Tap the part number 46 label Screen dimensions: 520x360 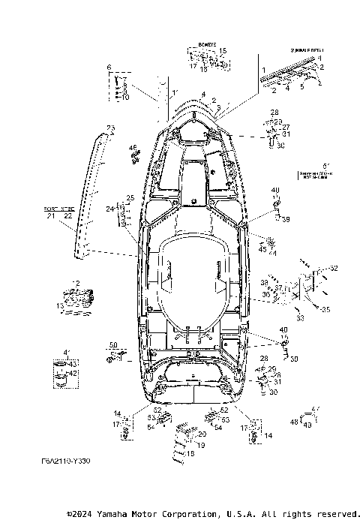pyautogui.click(x=133, y=147)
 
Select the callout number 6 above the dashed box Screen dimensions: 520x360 pyautogui.click(x=110, y=68)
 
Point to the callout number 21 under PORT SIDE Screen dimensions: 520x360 pyautogui.click(x=51, y=216)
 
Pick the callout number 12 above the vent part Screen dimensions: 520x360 pyautogui.click(x=76, y=284)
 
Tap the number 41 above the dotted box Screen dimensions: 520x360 pyautogui.click(x=66, y=351)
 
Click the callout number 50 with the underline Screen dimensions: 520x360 pyautogui.click(x=115, y=344)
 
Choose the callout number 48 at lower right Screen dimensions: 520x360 pyautogui.click(x=293, y=422)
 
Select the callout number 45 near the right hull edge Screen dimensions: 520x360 pyautogui.click(x=262, y=250)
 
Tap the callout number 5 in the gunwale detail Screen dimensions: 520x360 pyautogui.click(x=302, y=86)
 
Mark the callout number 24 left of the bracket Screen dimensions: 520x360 pyautogui.click(x=109, y=208)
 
